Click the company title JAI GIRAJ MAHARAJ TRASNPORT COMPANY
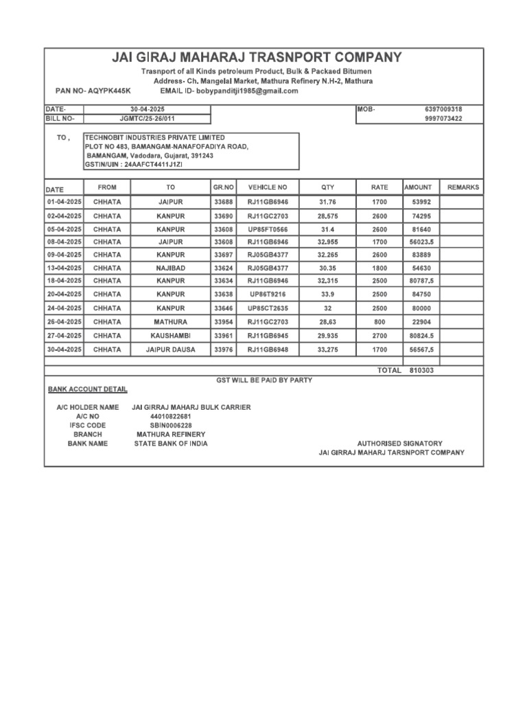257,58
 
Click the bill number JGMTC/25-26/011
147,119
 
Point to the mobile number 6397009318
443,109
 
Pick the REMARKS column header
463,187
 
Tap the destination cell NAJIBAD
171,268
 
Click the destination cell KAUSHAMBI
171,336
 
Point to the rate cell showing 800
379,322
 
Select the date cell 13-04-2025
64,268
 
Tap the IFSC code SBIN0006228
163,426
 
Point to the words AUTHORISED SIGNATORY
400,443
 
